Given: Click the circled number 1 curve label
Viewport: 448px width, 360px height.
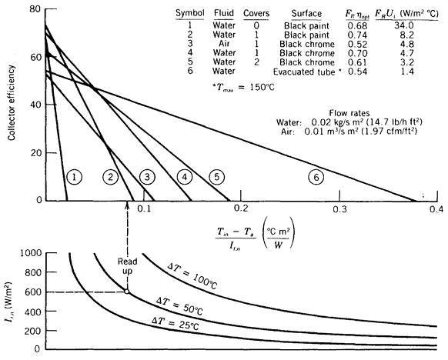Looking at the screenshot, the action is click(75, 177).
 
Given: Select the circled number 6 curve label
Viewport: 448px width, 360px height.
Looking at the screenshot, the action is click(316, 177).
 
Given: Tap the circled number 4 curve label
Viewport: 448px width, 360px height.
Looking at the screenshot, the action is click(185, 177).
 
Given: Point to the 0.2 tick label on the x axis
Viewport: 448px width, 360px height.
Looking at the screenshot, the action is click(241, 209).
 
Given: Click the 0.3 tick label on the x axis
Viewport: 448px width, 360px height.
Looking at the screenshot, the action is click(339, 209).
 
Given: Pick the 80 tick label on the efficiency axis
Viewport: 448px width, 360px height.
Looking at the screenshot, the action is click(35, 9).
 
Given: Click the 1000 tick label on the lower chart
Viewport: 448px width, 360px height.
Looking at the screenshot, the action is click(31, 253).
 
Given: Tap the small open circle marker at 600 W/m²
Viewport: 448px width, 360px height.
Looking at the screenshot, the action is click(127, 292).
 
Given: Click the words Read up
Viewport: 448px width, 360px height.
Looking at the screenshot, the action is click(128, 266).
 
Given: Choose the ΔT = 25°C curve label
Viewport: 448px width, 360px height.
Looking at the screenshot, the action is click(175, 323).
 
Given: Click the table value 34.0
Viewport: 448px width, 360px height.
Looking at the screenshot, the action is click(404, 25).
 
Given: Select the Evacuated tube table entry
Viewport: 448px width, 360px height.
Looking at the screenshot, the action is click(304, 72).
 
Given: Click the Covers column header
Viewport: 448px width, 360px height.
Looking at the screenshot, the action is click(256, 13).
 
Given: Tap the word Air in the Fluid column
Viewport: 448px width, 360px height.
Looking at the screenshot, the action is click(224, 44).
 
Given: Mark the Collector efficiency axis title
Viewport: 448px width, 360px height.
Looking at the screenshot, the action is click(12, 103).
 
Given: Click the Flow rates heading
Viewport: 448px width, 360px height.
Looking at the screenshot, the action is click(349, 113).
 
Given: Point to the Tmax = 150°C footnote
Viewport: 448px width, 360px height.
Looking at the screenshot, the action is click(243, 87).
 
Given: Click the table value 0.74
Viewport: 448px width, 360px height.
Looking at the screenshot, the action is click(357, 35).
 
